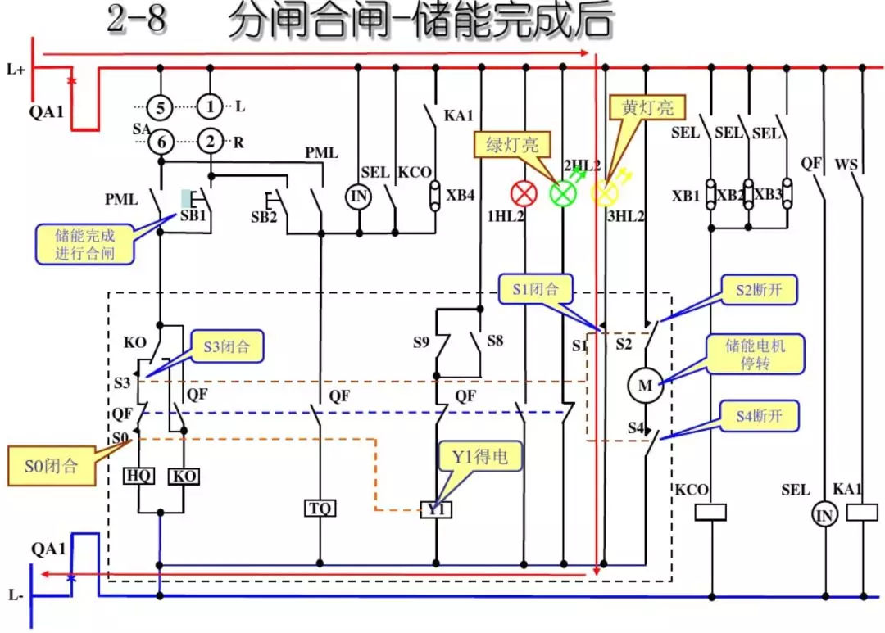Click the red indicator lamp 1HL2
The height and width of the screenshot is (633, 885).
(x=523, y=193)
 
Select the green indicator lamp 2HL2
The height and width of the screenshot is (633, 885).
(x=563, y=193)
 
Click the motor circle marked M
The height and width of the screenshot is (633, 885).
(x=645, y=386)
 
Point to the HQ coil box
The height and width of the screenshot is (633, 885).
(x=138, y=476)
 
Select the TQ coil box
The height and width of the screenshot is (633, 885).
(x=320, y=509)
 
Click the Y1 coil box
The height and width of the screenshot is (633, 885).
(x=436, y=509)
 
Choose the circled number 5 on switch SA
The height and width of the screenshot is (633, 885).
(x=161, y=106)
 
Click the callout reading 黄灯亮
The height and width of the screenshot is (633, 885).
(x=647, y=107)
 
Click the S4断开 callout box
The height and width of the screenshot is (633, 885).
(x=758, y=416)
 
